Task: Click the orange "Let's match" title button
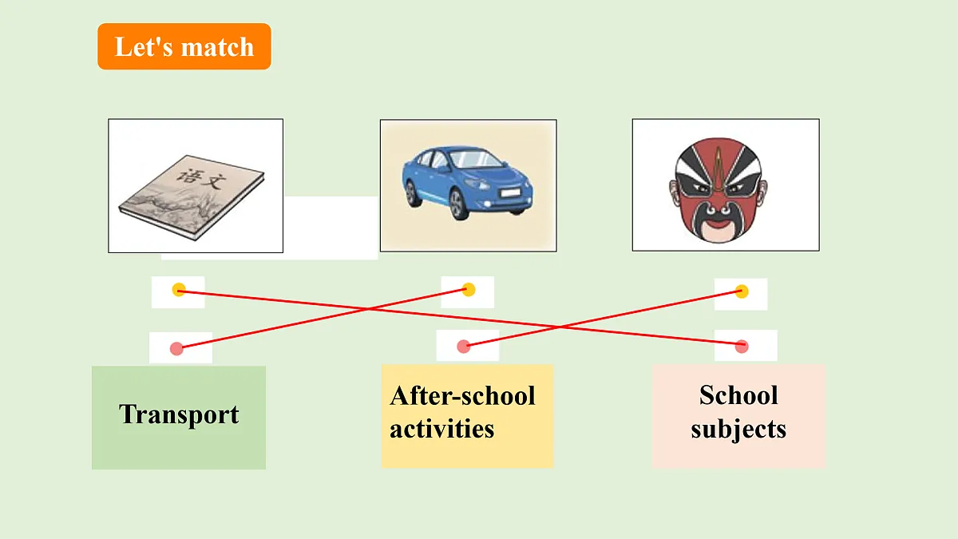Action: [184, 46]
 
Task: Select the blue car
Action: [468, 183]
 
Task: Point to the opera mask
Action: [718, 190]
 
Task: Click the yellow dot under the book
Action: [179, 290]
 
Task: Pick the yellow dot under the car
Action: [469, 290]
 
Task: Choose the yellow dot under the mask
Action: [742, 291]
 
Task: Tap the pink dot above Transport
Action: [176, 349]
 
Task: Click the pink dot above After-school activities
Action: [464, 347]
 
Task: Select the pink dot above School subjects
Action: [742, 346]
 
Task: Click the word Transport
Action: [179, 414]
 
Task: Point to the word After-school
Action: [462, 396]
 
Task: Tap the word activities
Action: [441, 429]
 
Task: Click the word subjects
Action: [738, 430]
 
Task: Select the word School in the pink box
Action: [738, 394]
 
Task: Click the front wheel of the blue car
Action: [458, 205]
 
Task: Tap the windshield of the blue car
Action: [476, 159]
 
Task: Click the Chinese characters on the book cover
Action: [201, 179]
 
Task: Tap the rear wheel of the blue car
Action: [412, 194]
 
